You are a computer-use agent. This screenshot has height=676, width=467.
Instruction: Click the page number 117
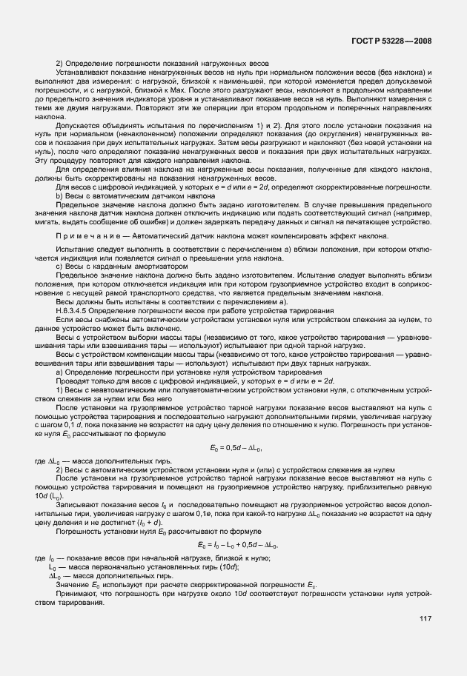pyautogui.click(x=425, y=619)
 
